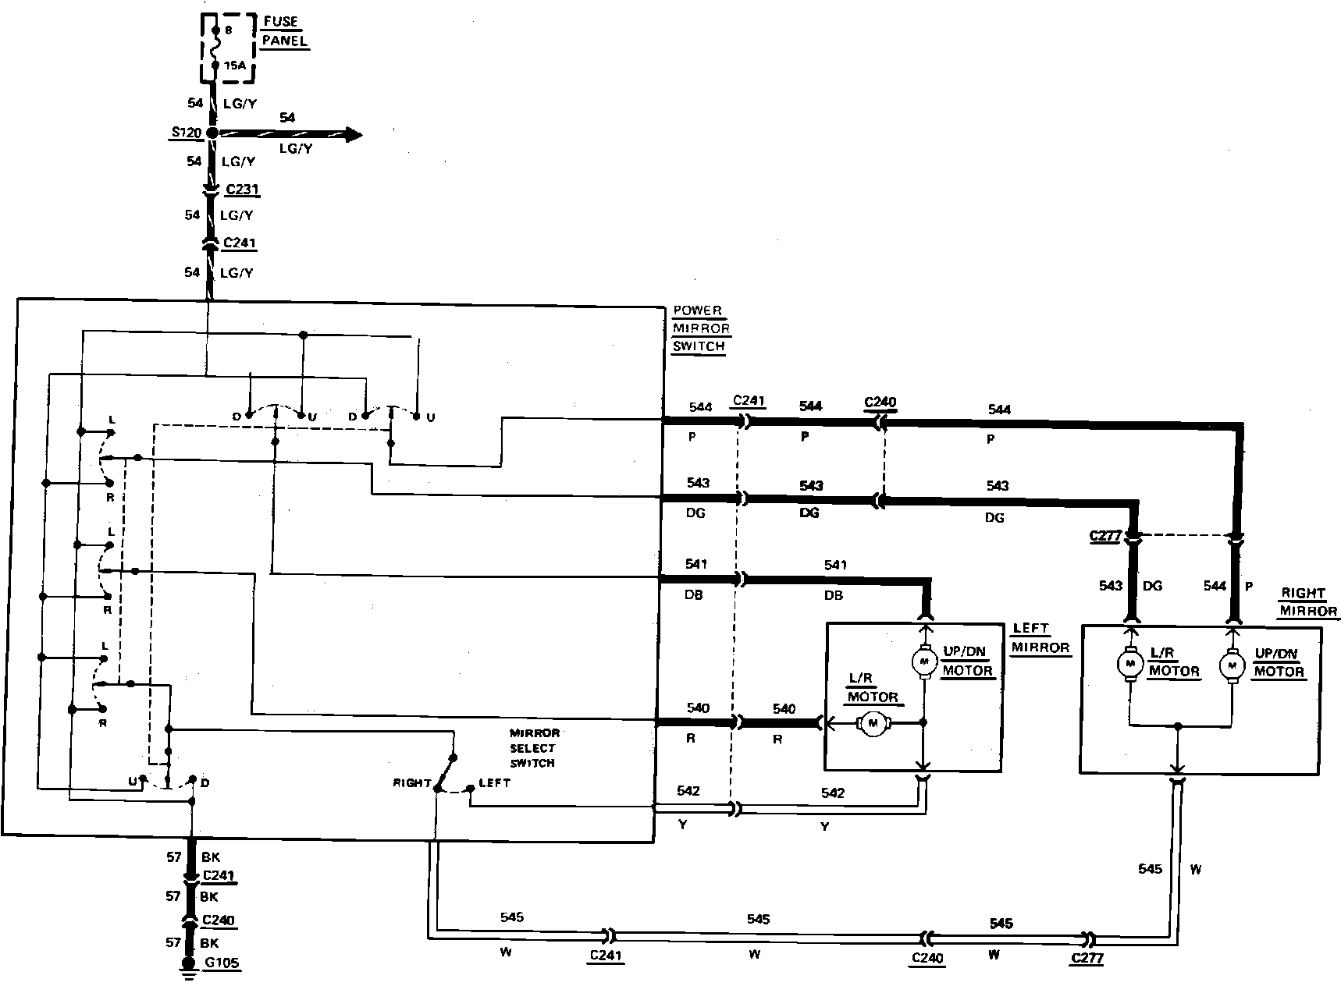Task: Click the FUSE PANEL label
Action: point(284,31)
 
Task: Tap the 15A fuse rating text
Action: point(234,66)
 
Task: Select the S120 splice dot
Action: point(212,134)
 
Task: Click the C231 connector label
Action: point(241,190)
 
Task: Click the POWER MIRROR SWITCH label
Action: point(699,328)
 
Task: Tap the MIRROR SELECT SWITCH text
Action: point(534,748)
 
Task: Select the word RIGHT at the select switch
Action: point(412,782)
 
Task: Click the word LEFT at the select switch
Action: point(494,782)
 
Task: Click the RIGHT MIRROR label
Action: point(1307,602)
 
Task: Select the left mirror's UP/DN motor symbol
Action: point(923,662)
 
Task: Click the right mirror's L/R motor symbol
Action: point(1129,663)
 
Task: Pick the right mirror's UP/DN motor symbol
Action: point(1233,665)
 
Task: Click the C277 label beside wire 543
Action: point(1105,537)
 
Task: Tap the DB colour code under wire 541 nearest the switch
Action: point(693,594)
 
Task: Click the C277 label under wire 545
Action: point(1087,959)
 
